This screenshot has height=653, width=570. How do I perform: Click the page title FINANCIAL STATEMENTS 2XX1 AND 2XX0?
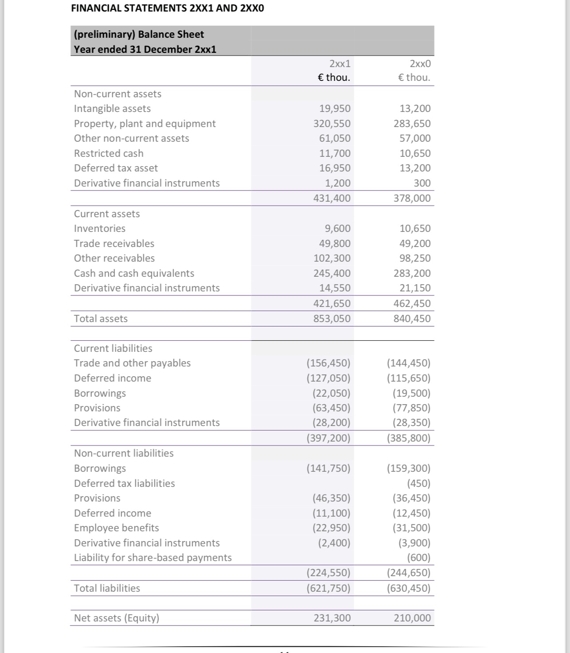pyautogui.click(x=167, y=8)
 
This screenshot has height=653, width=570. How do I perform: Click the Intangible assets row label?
pyautogui.click(x=112, y=108)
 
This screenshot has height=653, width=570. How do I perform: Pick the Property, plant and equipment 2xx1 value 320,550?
pyautogui.click(x=332, y=123)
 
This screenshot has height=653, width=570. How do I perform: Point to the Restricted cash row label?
pyautogui.click(x=109, y=153)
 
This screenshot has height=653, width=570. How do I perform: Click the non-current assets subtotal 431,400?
pyautogui.click(x=332, y=198)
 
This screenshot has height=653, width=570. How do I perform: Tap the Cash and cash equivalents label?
pyautogui.click(x=134, y=273)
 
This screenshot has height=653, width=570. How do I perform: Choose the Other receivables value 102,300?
pyautogui.click(x=332, y=258)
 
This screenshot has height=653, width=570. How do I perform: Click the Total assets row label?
pyautogui.click(x=101, y=319)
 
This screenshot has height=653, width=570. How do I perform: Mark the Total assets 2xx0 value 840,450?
pyautogui.click(x=412, y=319)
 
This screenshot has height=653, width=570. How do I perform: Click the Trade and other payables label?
pyautogui.click(x=132, y=363)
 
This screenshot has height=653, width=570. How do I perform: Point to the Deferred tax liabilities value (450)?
pyautogui.click(x=419, y=483)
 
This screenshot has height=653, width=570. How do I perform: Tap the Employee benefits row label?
pyautogui.click(x=116, y=528)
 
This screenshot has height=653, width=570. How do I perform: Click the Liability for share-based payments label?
pyautogui.click(x=153, y=557)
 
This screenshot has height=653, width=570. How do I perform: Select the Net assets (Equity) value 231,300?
pyautogui.click(x=332, y=618)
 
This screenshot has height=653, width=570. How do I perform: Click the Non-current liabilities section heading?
pyautogui.click(x=124, y=453)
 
